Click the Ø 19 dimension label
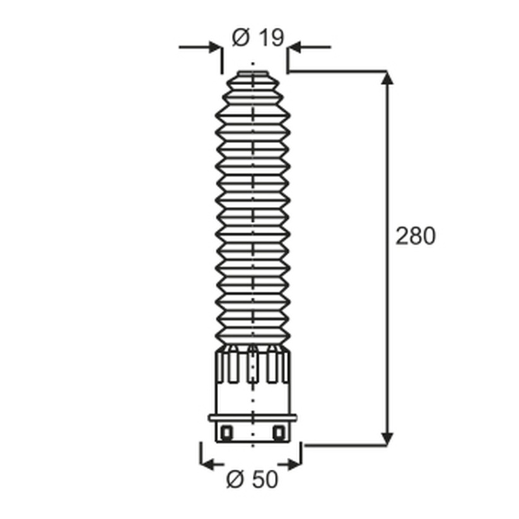coord(258,38)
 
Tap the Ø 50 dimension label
coord(252,479)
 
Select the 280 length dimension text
coord(416,236)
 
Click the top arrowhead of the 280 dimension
coord(387,78)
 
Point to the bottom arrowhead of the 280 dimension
coord(387,438)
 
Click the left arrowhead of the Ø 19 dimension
coord(214,47)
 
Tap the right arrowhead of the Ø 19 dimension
coord(294,47)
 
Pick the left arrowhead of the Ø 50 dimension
coord(207,464)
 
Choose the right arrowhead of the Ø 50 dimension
coord(294,464)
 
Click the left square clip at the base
coord(227,432)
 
